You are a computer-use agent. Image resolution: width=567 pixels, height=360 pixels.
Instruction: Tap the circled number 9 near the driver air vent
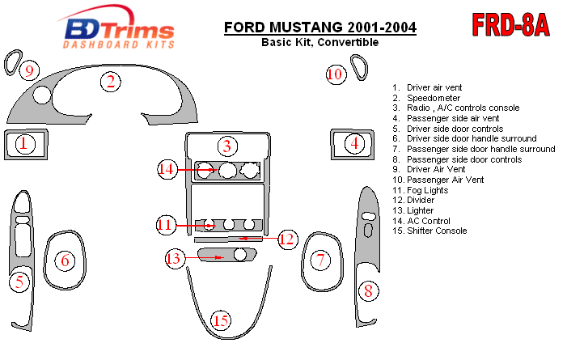click(x=29, y=72)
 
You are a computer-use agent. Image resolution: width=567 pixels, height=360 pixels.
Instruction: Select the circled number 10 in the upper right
click(x=336, y=74)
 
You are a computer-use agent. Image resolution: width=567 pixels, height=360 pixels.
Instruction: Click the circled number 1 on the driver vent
click(x=25, y=145)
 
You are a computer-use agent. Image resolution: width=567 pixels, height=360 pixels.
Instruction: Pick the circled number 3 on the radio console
click(x=228, y=146)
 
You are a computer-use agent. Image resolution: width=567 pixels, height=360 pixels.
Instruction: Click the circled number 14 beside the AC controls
click(x=167, y=169)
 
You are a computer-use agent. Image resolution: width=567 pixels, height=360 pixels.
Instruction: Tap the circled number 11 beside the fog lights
click(x=166, y=224)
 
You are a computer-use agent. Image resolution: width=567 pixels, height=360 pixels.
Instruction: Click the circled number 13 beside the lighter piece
click(x=174, y=259)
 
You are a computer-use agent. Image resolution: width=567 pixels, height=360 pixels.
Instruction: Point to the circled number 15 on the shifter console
click(x=222, y=321)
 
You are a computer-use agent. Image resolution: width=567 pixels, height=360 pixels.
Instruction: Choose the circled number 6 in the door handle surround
click(x=65, y=260)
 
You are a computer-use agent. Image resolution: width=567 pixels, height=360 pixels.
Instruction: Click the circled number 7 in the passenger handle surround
click(x=321, y=260)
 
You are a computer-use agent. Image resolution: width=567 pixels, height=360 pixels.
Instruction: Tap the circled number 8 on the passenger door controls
click(x=368, y=290)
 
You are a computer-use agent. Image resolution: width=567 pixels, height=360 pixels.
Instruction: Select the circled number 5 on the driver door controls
click(x=18, y=282)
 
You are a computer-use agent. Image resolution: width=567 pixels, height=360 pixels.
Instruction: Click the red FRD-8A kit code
click(x=510, y=25)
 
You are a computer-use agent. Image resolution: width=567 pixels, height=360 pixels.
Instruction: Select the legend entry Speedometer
click(x=434, y=98)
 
